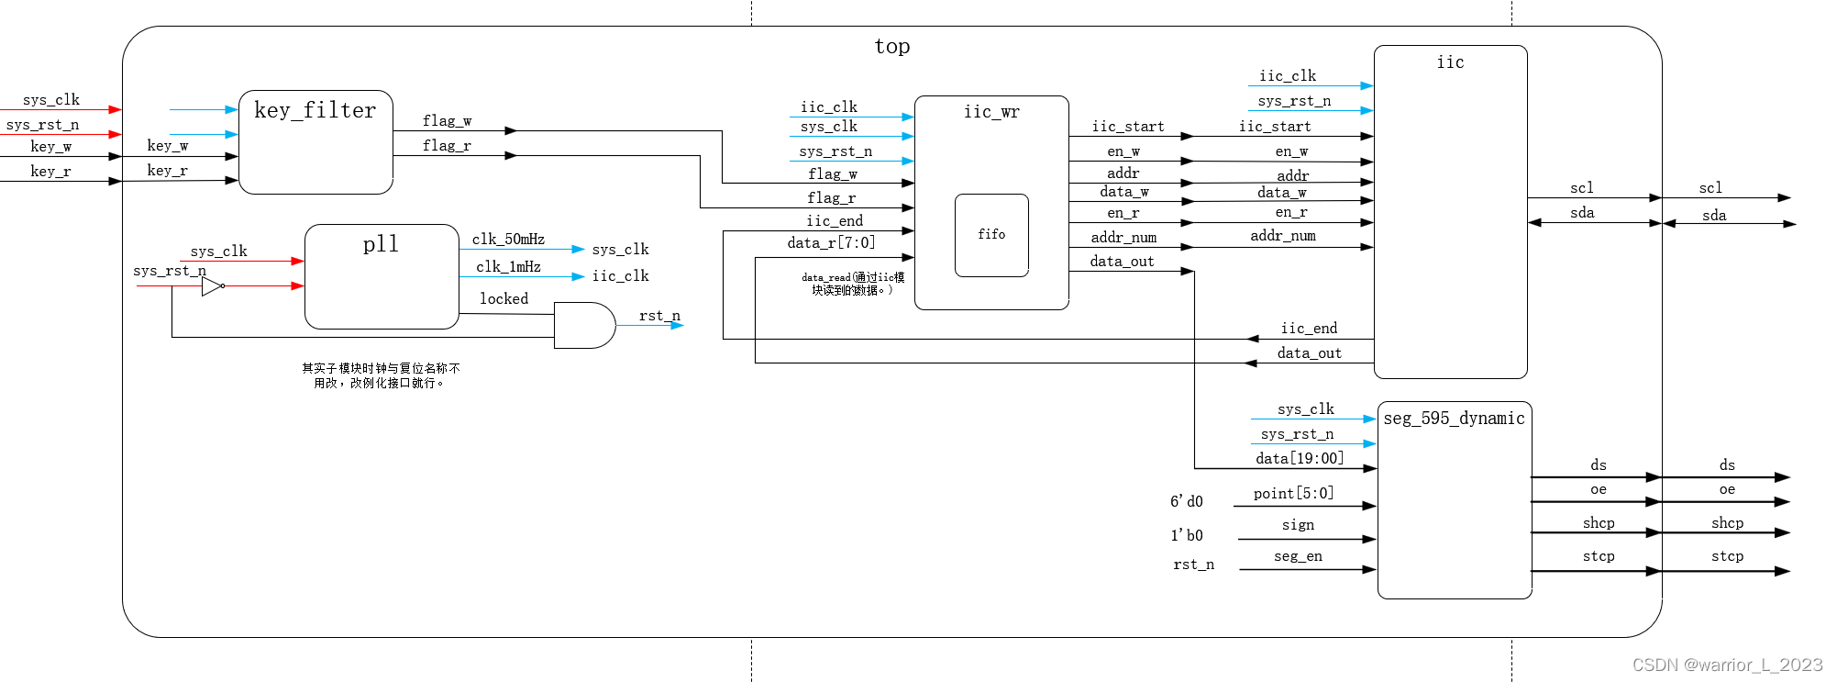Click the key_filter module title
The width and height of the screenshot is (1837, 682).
[x=315, y=111]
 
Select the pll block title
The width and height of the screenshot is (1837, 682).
[x=381, y=244]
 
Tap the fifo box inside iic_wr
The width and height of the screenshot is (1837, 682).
[x=991, y=235]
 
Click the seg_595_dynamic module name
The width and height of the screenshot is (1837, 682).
[x=1454, y=419]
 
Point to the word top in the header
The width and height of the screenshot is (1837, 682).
[x=891, y=47]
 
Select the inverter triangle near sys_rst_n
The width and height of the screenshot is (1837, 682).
[x=212, y=286]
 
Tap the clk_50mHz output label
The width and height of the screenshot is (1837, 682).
[x=508, y=240]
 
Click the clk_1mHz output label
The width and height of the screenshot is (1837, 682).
[x=508, y=267]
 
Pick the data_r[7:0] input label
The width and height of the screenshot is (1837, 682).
[x=831, y=243]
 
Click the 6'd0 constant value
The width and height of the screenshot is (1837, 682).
[x=1186, y=501]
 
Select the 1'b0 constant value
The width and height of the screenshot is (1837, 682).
[x=1186, y=535]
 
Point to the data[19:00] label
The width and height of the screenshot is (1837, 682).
[x=1300, y=458]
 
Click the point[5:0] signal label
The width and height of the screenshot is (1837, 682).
[x=1293, y=494]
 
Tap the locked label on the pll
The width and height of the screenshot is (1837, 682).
[x=504, y=299]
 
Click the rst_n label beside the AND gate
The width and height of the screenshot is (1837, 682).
[x=659, y=316]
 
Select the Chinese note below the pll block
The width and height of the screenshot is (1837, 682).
[x=381, y=375]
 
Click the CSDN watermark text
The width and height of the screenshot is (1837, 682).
[x=1727, y=665]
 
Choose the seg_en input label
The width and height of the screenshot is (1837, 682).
[x=1298, y=556]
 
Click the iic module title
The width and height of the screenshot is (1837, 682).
[x=1450, y=62]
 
